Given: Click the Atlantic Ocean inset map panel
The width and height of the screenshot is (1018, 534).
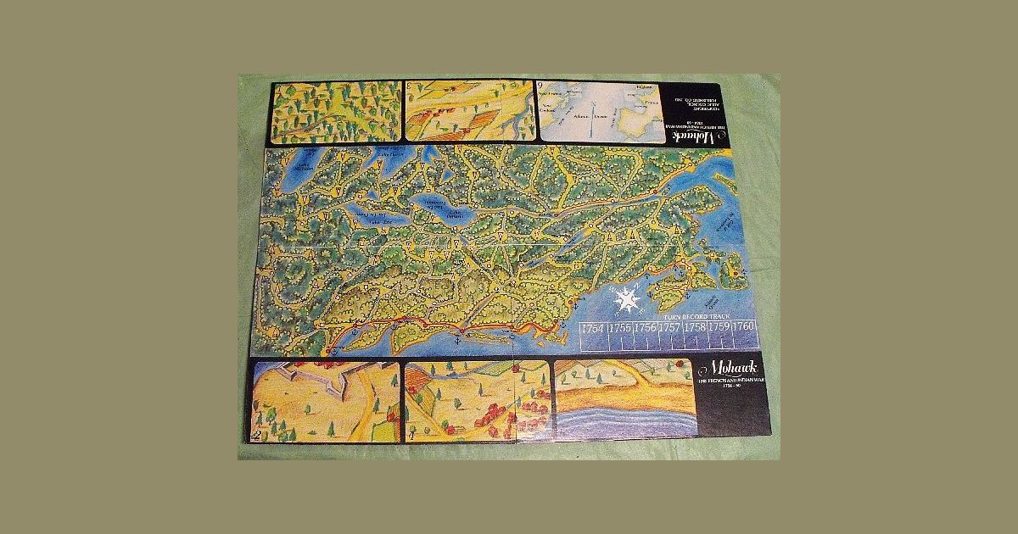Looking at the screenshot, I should point(599,110).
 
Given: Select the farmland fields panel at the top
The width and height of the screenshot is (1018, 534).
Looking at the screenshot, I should point(467,110).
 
